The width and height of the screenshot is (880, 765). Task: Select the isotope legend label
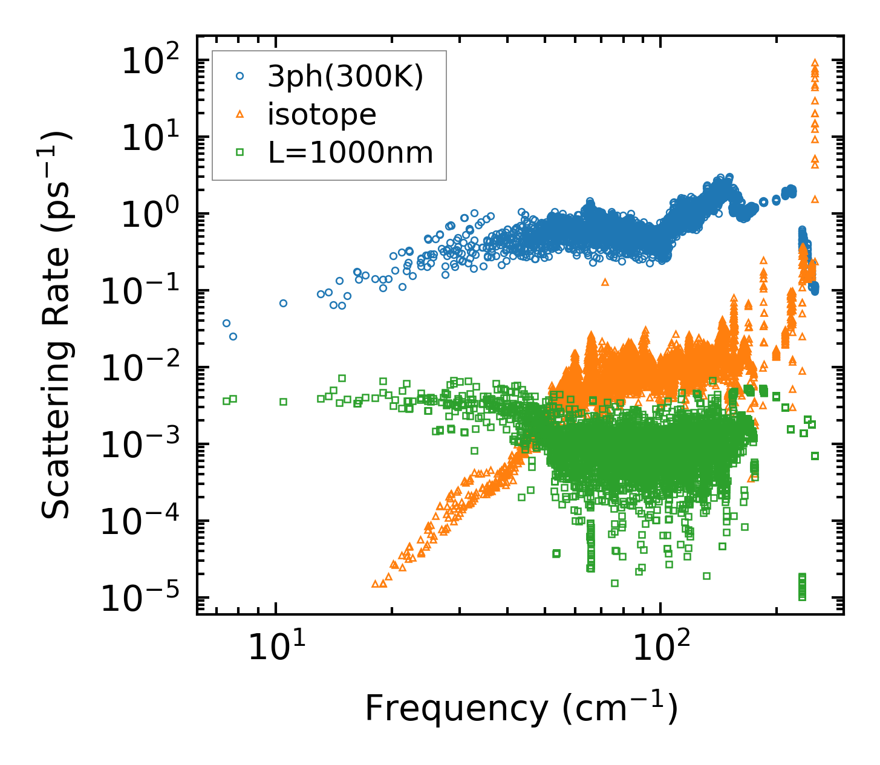point(322,114)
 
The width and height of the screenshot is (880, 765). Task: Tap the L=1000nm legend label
point(351,153)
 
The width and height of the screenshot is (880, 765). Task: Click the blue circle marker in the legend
point(240,76)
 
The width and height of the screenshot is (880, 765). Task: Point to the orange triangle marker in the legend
point(240,114)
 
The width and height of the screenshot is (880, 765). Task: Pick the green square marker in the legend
point(240,153)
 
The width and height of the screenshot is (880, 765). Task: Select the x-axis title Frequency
point(521,709)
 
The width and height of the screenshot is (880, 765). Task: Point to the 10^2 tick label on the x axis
point(660,647)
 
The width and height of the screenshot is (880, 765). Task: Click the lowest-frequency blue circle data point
point(226,324)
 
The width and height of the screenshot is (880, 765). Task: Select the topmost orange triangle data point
point(815,62)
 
